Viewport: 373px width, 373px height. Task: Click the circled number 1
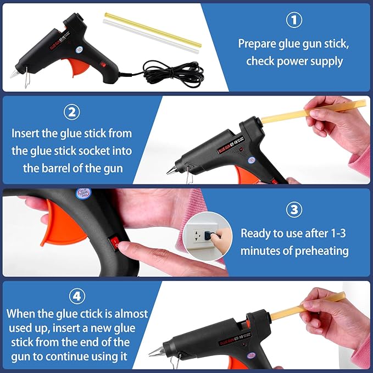pyautogui.click(x=294, y=20)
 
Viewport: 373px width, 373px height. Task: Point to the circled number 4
pyautogui.click(x=77, y=296)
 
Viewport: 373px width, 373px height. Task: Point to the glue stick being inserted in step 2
pyautogui.click(x=291, y=113)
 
